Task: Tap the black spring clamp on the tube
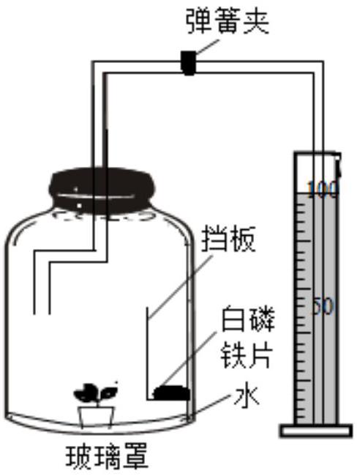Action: coord(188,63)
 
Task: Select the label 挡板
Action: coord(229,239)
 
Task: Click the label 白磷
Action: coord(248,319)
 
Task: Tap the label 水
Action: coord(247,396)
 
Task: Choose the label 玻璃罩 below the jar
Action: coord(107,456)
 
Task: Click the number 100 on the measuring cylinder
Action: coord(322,190)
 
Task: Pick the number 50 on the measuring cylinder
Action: coord(323,306)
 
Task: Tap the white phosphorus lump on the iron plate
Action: coord(172,393)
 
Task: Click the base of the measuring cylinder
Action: coord(315,431)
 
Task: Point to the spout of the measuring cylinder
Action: coord(338,166)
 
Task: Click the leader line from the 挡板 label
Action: coord(181,286)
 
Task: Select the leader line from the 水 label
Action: coord(210,406)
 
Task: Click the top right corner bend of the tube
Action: coord(318,67)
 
